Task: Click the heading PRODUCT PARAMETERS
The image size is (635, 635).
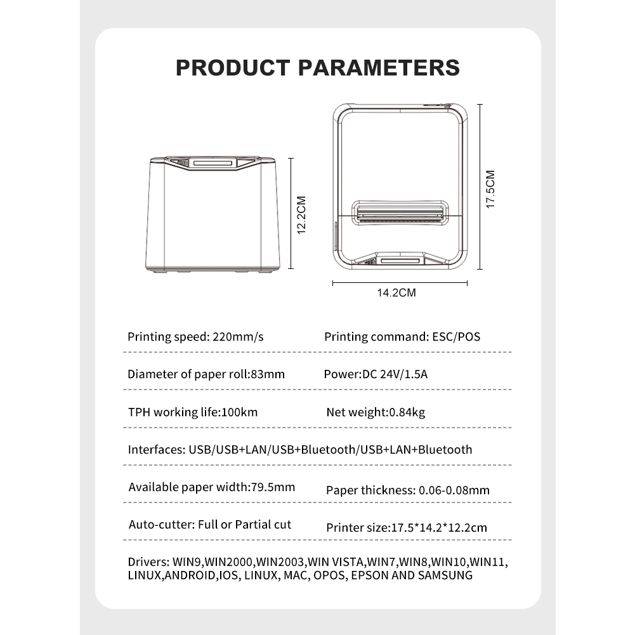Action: click(x=317, y=67)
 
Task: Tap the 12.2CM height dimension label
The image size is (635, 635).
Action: click(x=301, y=214)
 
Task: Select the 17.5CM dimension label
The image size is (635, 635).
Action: click(x=490, y=188)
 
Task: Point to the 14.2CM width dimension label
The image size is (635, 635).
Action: click(x=396, y=293)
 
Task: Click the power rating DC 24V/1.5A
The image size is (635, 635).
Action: click(x=395, y=374)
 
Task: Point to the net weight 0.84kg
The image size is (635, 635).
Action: click(x=406, y=412)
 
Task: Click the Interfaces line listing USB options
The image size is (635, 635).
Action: click(x=300, y=450)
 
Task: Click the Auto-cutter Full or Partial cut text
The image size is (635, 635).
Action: click(x=210, y=525)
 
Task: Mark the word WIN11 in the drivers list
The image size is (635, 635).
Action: click(x=492, y=562)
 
